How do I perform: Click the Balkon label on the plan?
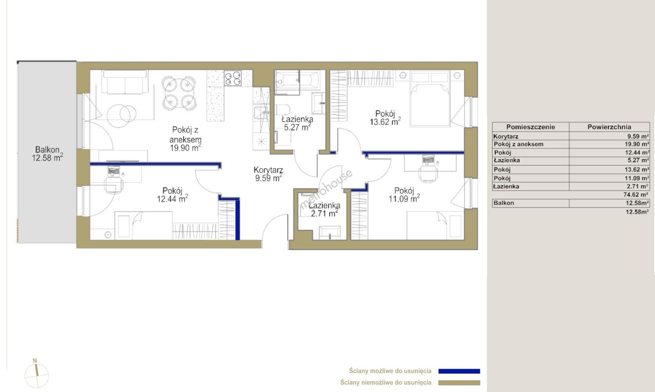(x=47, y=150)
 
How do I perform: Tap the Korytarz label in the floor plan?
(x=268, y=170)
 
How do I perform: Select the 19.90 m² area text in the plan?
(x=185, y=148)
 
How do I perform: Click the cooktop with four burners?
(x=233, y=78)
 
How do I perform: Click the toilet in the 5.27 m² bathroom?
(x=283, y=110)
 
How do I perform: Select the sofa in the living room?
(x=125, y=82)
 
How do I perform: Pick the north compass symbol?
(x=36, y=374)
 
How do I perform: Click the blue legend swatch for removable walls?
(x=459, y=371)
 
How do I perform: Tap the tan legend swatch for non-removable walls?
(x=459, y=383)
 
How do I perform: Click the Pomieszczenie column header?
(x=531, y=127)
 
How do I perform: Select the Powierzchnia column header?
(x=609, y=127)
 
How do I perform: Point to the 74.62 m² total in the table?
(x=636, y=195)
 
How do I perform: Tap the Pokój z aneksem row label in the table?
(x=519, y=144)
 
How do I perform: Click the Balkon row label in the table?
(x=504, y=203)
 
